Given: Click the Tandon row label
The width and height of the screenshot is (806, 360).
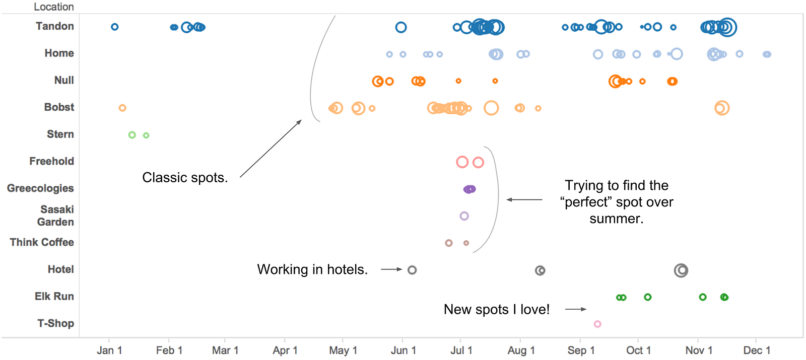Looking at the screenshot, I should (54, 26).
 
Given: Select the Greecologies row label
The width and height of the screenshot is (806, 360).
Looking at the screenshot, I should (40, 188).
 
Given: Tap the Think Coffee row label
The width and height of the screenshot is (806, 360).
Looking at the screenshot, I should (42, 242).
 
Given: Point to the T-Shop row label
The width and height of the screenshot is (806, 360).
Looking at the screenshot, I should (55, 323).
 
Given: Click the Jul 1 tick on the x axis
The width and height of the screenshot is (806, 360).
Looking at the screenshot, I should (461, 350).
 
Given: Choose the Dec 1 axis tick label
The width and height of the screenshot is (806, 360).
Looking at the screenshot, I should (757, 350).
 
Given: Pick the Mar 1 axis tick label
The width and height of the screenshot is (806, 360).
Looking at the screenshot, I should (225, 350).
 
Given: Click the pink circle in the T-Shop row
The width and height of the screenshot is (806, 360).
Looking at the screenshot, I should (597, 324).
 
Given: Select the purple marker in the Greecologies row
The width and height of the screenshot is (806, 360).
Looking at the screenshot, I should (469, 189).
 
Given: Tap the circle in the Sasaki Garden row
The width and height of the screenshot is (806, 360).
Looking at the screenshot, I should (464, 216).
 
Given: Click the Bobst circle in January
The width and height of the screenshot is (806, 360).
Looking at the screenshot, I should (122, 108).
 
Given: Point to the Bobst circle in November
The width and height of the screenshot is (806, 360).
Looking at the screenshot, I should (722, 108).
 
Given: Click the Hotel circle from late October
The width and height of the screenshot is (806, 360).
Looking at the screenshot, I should (681, 270).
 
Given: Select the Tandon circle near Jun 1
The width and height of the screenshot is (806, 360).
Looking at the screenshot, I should (401, 27).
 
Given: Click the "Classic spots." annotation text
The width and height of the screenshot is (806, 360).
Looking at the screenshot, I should (185, 178).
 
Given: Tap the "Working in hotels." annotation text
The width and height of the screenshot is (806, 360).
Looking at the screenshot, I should (312, 269).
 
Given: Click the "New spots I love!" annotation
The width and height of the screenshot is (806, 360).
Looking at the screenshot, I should (497, 310).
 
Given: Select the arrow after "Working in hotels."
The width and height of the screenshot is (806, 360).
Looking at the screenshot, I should (391, 269).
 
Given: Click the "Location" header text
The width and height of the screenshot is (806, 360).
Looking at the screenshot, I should (54, 7).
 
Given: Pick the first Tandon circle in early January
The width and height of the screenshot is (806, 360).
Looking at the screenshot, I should (115, 27).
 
